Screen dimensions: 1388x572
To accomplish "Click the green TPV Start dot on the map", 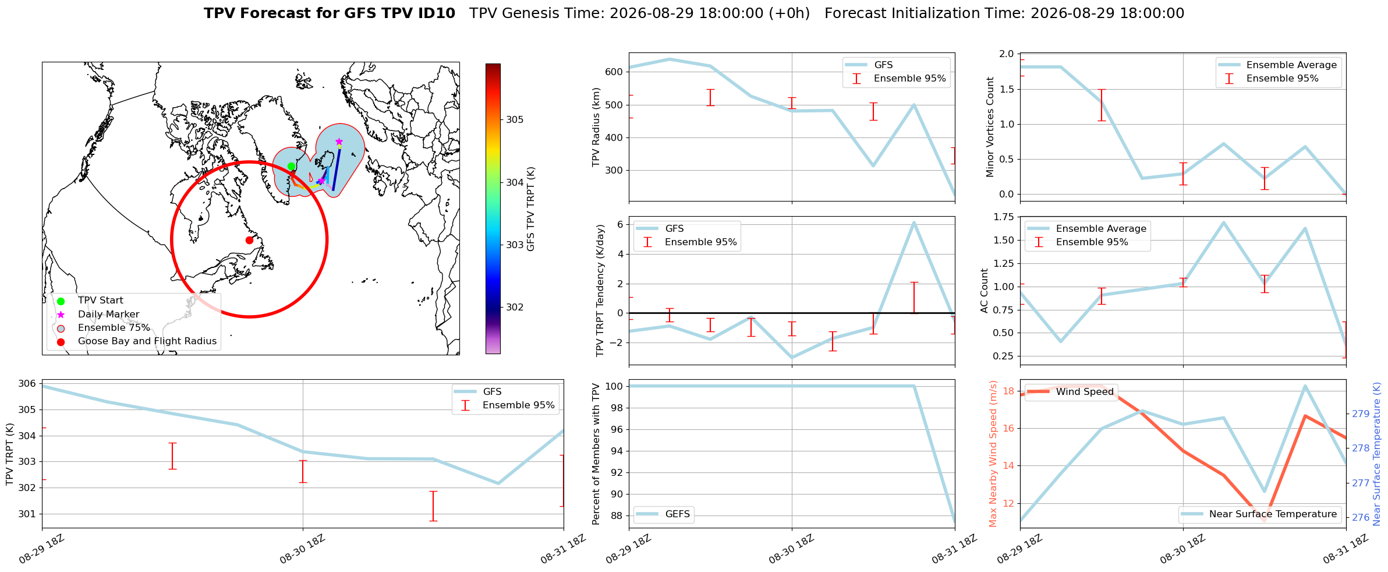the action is pyautogui.click(x=292, y=167).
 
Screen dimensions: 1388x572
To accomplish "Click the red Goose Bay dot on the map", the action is pyautogui.click(x=249, y=240).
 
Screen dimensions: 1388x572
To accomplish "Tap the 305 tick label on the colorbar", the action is pyautogui.click(x=515, y=120).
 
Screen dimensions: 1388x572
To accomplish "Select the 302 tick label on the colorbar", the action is pyautogui.click(x=515, y=308).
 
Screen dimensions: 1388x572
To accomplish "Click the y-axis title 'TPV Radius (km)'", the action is pyautogui.click(x=596, y=127).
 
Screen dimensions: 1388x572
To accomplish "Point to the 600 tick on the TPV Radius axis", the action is pyautogui.click(x=615, y=72).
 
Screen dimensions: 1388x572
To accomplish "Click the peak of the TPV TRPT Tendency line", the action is pyautogui.click(x=914, y=223).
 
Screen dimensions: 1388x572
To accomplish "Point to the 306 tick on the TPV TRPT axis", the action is pyautogui.click(x=27, y=384).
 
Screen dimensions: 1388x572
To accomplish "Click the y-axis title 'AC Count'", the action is pyautogui.click(x=985, y=291).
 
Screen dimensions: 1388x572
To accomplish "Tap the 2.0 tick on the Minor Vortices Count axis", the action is pyautogui.click(x=1006, y=54).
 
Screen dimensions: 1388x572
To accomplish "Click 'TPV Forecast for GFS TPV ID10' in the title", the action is pyautogui.click(x=330, y=13).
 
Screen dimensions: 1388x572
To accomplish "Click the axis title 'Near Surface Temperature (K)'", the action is pyautogui.click(x=1377, y=454).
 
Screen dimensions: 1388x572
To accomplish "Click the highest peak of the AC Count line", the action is pyautogui.click(x=1224, y=222).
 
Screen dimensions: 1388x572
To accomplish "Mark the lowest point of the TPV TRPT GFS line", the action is pyautogui.click(x=498, y=483).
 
